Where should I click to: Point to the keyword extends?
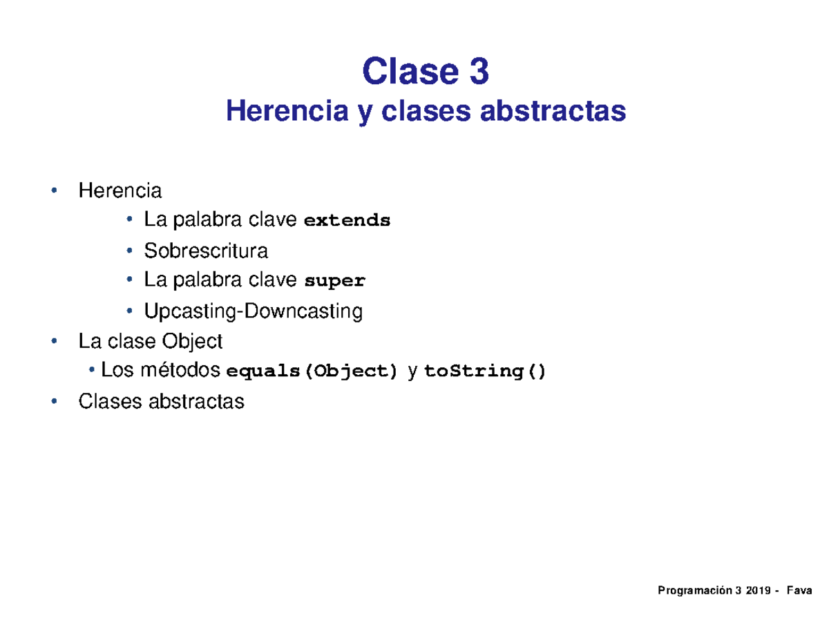347,222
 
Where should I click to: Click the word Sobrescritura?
206,251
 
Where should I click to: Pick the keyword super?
335,282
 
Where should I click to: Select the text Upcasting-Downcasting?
253,311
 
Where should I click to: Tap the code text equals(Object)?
313,372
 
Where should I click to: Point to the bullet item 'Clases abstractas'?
161,401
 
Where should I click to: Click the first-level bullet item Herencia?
120,190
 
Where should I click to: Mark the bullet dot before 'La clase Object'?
54,341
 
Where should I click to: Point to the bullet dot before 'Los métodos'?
92,371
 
